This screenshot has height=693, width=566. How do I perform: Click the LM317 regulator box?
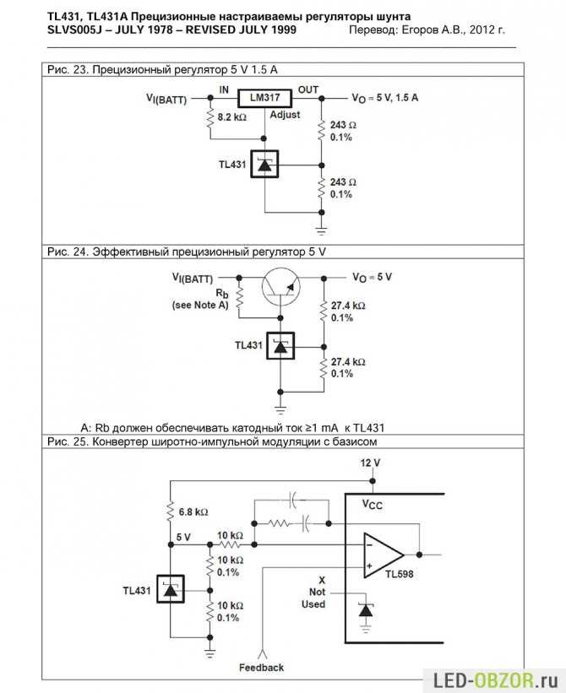264,98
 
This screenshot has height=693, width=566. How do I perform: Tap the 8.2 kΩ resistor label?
231,117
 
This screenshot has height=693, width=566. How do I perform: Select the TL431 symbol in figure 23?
264,164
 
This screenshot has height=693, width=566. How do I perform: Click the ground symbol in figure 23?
322,230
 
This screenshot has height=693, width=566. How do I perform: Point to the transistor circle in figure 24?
280,286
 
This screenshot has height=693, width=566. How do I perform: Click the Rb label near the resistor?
222,293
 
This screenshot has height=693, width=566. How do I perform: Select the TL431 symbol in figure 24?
280,345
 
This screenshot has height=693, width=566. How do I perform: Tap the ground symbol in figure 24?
280,409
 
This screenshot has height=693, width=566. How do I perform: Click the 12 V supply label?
370,463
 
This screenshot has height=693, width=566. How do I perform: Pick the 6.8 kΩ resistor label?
193,512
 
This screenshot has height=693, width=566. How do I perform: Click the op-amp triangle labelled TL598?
384,555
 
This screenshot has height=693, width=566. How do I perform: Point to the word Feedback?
261,668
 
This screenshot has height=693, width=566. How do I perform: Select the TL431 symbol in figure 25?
171,589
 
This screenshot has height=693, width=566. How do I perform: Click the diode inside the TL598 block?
365,611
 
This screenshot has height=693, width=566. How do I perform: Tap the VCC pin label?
373,504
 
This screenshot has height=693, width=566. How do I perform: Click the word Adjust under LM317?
285,115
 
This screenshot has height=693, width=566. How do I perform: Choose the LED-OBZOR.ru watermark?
495,679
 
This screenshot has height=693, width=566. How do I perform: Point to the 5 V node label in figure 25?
183,537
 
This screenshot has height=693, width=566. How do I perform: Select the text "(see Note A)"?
200,305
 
